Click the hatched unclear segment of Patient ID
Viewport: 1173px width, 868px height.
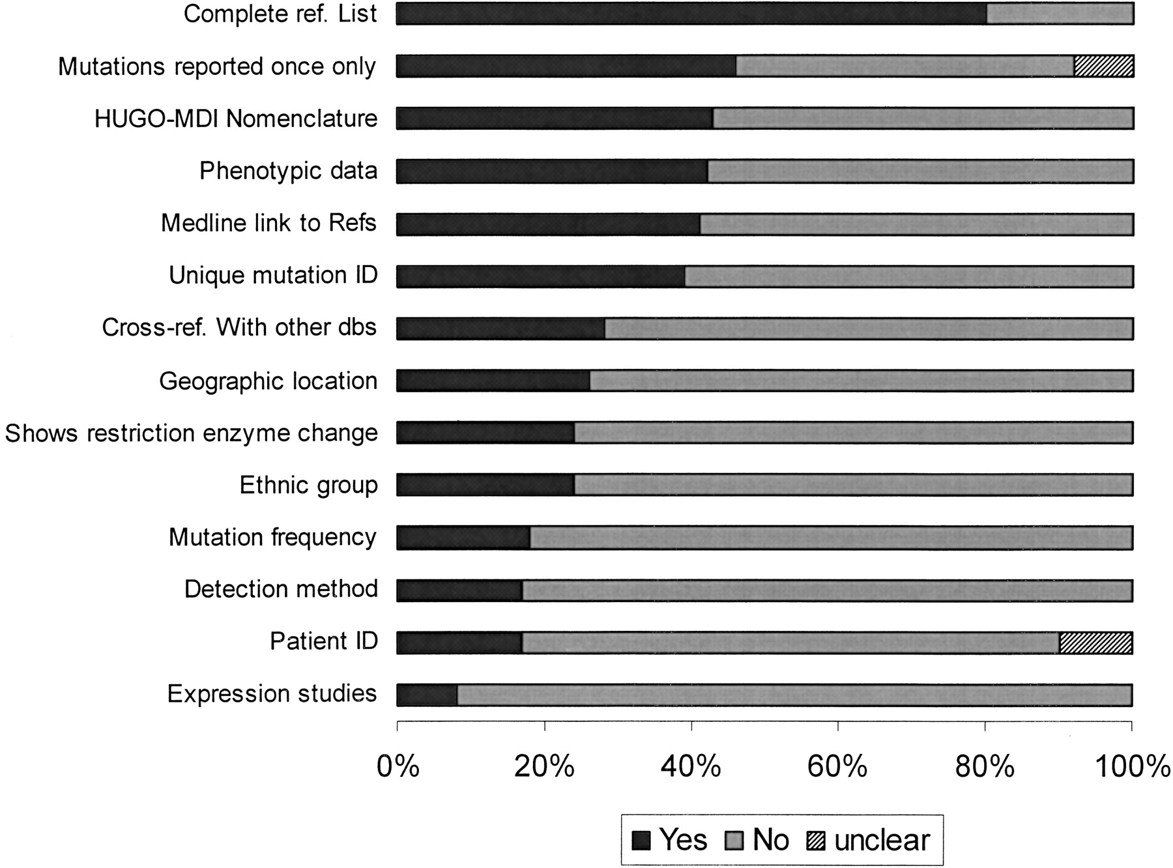[1096, 643]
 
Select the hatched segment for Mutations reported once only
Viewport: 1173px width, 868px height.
[1104, 66]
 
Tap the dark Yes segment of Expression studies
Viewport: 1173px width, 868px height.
[427, 695]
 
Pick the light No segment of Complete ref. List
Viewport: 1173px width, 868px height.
[1060, 14]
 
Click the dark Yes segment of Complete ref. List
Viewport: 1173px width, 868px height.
[691, 14]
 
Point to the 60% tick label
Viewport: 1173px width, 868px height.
[837, 767]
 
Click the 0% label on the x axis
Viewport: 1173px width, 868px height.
[398, 767]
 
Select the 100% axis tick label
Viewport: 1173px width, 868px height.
[1133, 767]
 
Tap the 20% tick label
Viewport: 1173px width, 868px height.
[544, 767]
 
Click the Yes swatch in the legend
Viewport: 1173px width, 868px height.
[641, 841]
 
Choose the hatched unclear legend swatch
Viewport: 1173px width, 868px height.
[816, 841]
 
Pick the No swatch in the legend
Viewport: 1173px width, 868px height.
[734, 841]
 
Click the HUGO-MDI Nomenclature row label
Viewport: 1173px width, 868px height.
[236, 119]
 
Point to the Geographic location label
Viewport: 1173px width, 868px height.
[268, 381]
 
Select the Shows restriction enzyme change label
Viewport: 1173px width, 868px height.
[192, 433]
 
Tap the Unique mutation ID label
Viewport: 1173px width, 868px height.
[274, 276]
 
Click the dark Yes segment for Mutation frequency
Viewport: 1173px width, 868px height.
[463, 538]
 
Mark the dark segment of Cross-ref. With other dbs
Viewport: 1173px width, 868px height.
[500, 328]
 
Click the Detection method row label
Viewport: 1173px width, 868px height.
[282, 589]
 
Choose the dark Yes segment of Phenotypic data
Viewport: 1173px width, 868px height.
[552, 171]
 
